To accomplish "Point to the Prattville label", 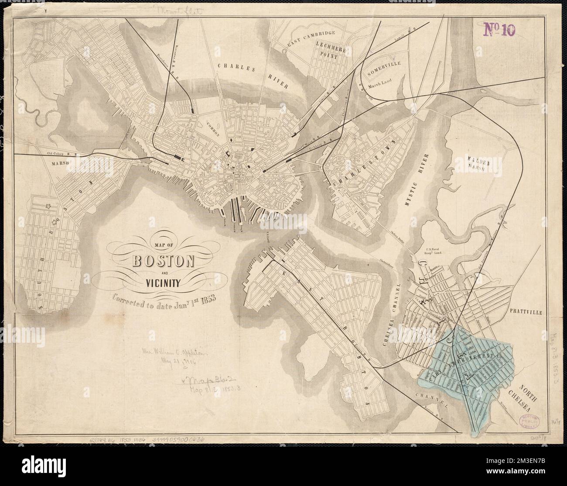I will [527, 312].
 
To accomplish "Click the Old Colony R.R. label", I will [62, 154].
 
